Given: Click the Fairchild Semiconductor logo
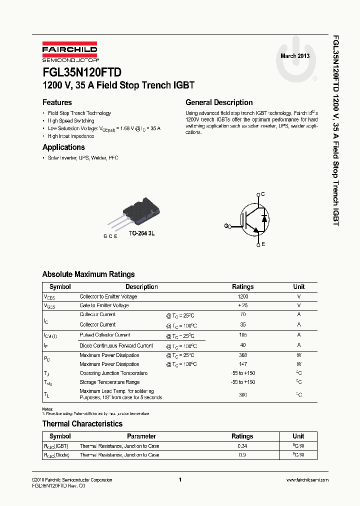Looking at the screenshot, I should pos(69,52).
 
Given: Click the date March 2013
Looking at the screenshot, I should pos(295,56).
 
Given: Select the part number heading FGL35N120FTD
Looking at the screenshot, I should pos(81,72).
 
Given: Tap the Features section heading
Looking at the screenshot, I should pos(57,102).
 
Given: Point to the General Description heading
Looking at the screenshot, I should pos(219,102).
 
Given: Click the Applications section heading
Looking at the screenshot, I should pos(63,147).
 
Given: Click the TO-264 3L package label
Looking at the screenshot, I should pos(141,233).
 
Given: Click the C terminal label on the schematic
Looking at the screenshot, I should pos(263,194).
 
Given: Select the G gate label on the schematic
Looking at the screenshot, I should pos(226,226).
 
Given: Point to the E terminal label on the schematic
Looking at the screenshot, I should pos(263,244).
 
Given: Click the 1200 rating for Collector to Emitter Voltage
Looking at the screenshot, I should pos(243,297).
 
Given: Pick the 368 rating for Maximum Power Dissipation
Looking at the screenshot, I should pos(243,355).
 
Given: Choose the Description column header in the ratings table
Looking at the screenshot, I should pos(141,287).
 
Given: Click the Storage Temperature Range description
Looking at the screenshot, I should pos(109,382).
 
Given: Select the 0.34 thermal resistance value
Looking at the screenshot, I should pos(243,446).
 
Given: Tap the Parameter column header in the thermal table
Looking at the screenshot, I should pos(141,436).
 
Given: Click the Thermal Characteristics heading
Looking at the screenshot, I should pos(82,424).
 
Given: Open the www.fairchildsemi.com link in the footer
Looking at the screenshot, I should pos(307,480).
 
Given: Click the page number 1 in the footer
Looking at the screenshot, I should pos(179,480).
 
